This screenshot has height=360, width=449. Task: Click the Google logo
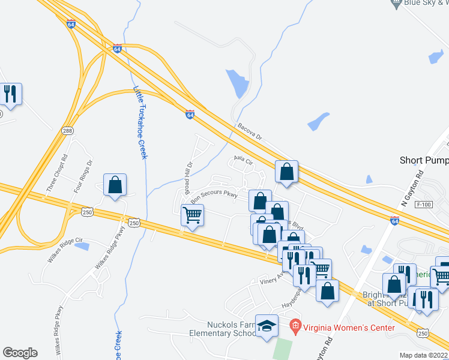20,353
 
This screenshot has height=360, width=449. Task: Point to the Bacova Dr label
250,132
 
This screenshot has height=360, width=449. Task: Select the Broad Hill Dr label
188,173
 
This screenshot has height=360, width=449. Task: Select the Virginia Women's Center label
348,328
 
